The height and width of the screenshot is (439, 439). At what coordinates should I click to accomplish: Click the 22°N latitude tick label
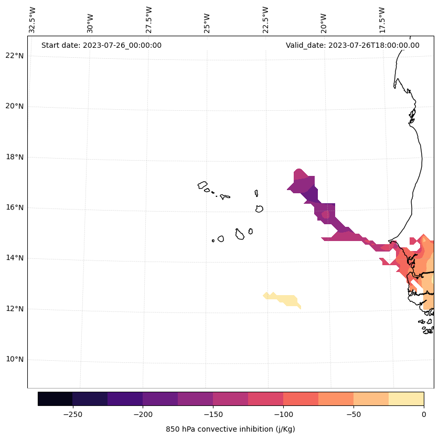(x=15, y=56)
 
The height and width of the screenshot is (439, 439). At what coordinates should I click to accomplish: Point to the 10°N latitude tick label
(x=15, y=360)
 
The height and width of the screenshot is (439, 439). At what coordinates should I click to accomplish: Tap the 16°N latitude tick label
(x=15, y=207)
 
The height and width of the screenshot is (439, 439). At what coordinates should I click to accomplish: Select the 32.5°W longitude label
(x=33, y=20)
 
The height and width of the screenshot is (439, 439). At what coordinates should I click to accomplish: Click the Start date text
(x=101, y=45)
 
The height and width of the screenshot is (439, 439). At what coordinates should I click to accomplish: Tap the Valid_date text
(x=352, y=45)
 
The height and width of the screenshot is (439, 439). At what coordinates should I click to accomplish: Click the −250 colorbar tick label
(x=72, y=414)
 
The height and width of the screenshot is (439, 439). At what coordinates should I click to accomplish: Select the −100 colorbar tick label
(x=283, y=414)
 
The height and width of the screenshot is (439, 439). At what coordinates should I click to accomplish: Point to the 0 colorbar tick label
(x=423, y=414)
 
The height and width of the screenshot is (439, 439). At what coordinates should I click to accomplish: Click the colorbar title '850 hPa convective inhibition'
(x=230, y=429)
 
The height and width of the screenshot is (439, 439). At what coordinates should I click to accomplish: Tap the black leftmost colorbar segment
(x=55, y=399)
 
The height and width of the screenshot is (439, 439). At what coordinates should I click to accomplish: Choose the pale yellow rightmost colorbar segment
(x=406, y=399)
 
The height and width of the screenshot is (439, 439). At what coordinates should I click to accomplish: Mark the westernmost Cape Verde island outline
(x=202, y=185)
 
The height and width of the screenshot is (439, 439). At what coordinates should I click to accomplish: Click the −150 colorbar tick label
(x=213, y=414)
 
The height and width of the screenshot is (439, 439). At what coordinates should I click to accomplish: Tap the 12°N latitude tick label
(x=15, y=309)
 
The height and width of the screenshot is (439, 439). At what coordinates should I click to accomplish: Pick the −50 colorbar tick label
(x=354, y=414)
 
